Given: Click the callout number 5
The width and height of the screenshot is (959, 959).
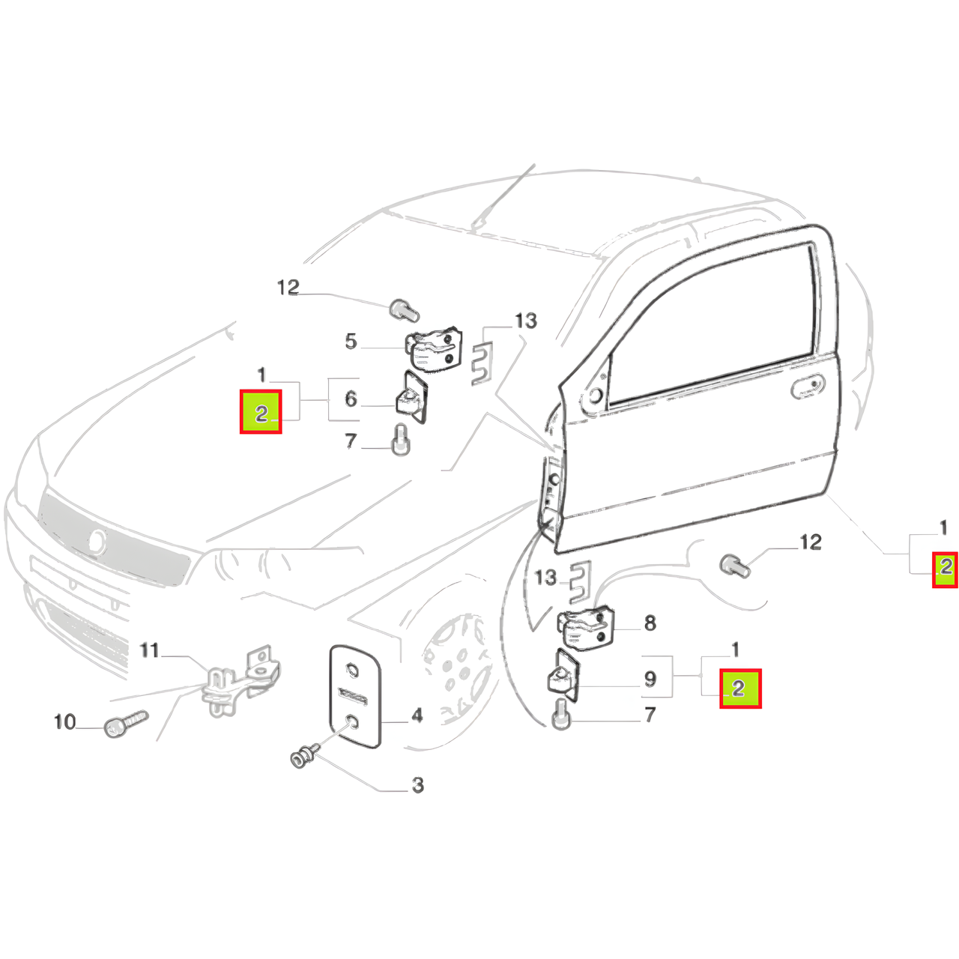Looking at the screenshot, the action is (x=351, y=342).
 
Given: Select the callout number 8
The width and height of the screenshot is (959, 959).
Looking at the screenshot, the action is (x=650, y=623).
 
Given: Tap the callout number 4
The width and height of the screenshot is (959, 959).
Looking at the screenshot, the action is (x=417, y=716).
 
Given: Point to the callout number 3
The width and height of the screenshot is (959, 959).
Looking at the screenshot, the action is (x=418, y=785).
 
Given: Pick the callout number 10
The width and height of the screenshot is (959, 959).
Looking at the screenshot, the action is (x=64, y=721).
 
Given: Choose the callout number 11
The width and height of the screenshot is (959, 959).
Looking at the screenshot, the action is (x=149, y=650).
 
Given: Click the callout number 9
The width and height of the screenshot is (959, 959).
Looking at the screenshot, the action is (x=650, y=679).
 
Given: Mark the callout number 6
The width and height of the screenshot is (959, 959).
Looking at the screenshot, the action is (x=351, y=399).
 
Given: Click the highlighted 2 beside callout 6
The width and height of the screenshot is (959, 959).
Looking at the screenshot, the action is (x=261, y=411).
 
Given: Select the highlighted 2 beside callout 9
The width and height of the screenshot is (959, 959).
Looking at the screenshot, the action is (x=740, y=689).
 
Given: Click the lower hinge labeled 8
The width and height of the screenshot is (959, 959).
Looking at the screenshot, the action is (x=586, y=628).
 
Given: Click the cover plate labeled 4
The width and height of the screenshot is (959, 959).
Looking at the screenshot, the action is (x=355, y=696).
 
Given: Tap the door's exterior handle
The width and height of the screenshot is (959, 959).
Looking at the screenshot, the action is (x=808, y=387).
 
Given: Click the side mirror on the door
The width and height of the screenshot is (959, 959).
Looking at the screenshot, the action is (x=593, y=395).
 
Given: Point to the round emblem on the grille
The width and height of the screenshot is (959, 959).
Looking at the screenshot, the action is (x=98, y=541).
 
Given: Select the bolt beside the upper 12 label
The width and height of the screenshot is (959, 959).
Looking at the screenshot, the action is (x=404, y=310).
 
